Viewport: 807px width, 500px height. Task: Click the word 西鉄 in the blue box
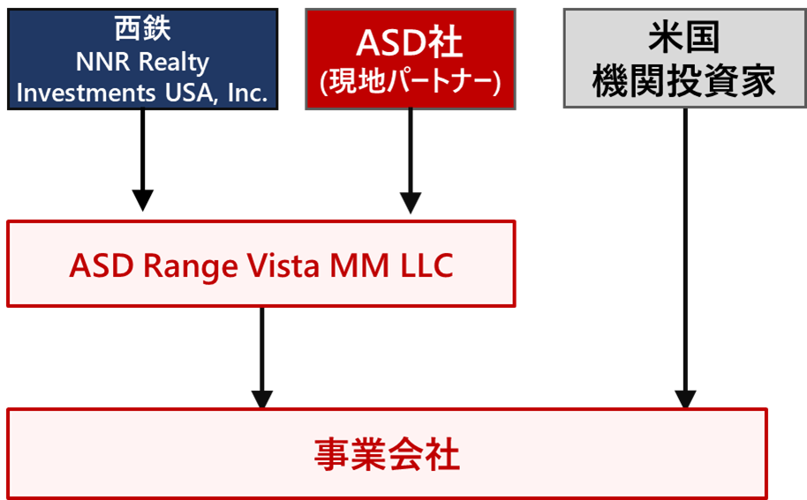pos(142,29)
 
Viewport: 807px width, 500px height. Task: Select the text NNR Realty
pos(142,62)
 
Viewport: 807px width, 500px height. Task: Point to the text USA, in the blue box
pos(186,93)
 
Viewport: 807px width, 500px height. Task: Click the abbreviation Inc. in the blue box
pos(247,93)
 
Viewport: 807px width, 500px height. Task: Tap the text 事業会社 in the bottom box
pos(387,456)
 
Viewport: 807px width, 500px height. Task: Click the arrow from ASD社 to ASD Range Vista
pos(410,159)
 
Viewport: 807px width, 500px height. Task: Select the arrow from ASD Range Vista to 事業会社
pos(262,353)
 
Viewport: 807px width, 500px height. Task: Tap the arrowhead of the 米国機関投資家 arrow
pos(685,398)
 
